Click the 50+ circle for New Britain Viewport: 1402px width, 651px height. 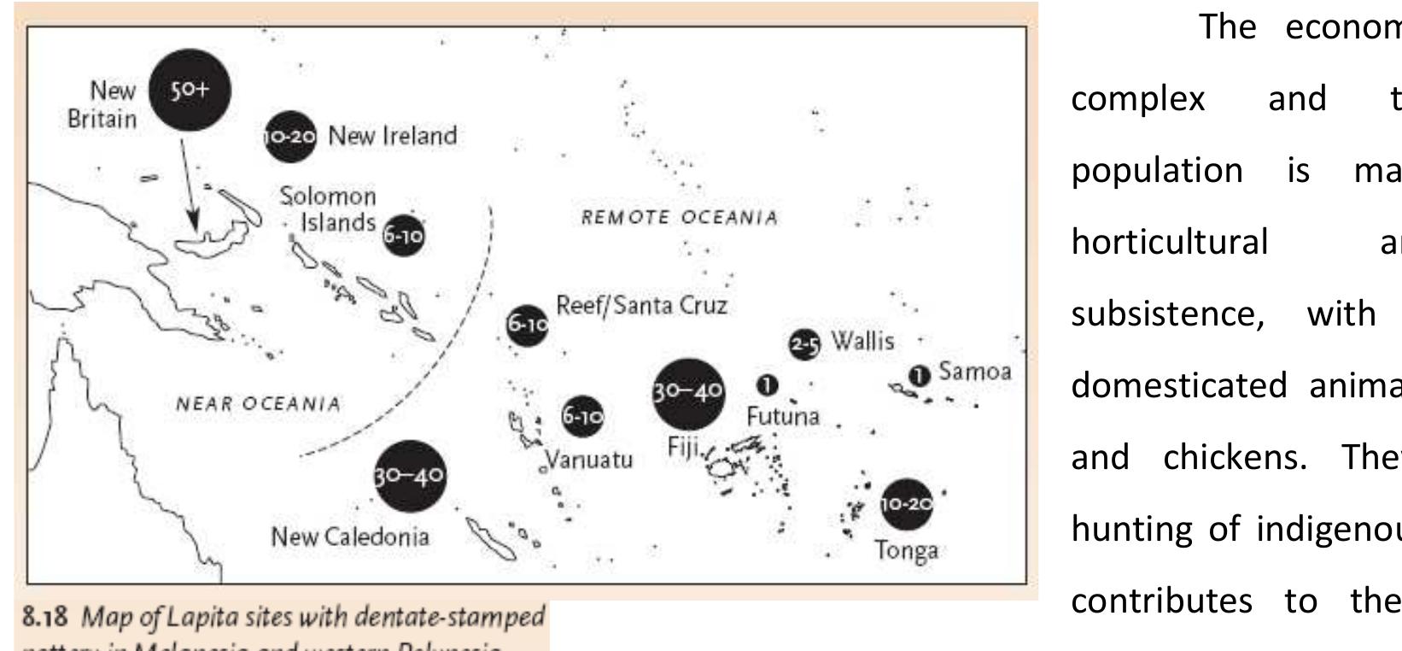[190, 90]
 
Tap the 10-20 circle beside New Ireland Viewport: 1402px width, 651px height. [290, 136]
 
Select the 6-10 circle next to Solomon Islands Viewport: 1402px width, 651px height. [402, 235]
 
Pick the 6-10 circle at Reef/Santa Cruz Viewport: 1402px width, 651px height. [527, 325]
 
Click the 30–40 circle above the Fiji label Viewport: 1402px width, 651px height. [688, 393]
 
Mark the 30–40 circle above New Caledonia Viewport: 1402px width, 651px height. [410, 476]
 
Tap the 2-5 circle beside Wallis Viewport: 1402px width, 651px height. [803, 344]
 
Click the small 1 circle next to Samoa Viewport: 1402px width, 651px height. [919, 375]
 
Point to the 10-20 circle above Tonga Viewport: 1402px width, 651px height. [906, 504]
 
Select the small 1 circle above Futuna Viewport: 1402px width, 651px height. [768, 385]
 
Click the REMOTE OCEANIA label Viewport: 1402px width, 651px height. [680, 218]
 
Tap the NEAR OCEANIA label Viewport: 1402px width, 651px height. [258, 403]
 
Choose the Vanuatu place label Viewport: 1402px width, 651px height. [589, 460]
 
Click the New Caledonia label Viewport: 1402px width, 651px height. [350, 537]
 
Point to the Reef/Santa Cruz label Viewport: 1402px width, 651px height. [641, 306]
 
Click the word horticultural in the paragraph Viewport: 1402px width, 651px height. [1170, 243]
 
